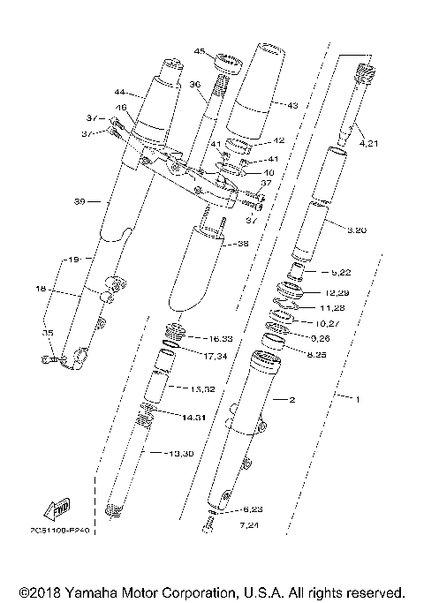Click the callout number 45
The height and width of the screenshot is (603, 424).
[x=199, y=51]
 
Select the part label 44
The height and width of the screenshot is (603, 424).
[x=120, y=91]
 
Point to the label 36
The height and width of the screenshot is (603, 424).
[x=196, y=84]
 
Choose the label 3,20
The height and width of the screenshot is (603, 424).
[x=357, y=230]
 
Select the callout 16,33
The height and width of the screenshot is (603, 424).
[x=219, y=339]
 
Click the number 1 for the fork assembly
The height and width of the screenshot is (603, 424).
[x=358, y=399]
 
